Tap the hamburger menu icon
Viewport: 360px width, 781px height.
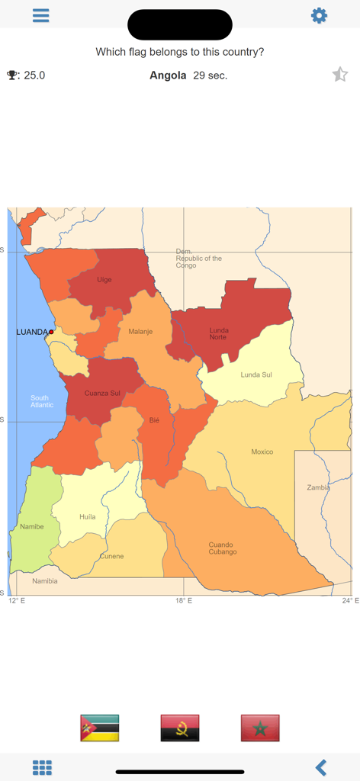click(41, 15)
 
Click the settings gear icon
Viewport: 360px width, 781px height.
click(319, 15)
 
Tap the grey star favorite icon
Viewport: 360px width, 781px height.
click(340, 74)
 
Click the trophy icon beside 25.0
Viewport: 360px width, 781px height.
click(13, 75)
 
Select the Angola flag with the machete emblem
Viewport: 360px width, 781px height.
click(180, 728)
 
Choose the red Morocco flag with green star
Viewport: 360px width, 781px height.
click(260, 728)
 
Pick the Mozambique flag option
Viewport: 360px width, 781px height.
click(100, 728)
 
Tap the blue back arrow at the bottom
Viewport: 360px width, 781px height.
click(321, 767)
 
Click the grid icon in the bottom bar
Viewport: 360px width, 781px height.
click(42, 767)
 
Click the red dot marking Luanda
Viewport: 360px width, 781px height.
click(51, 332)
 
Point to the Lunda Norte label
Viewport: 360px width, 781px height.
click(219, 333)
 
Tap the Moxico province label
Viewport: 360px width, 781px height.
click(262, 452)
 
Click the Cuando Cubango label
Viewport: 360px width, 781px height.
click(223, 548)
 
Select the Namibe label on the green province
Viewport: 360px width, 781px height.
click(32, 526)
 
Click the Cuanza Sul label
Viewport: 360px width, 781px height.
click(102, 393)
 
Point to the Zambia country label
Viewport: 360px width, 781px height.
click(318, 487)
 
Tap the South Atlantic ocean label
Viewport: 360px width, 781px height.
click(42, 401)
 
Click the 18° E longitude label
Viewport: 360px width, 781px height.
click(183, 601)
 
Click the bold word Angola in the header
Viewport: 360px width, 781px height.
click(168, 75)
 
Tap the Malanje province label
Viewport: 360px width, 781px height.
click(140, 332)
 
